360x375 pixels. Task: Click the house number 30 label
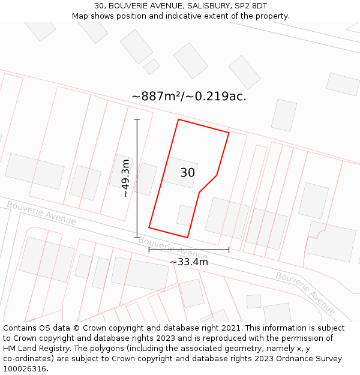coord(187,173)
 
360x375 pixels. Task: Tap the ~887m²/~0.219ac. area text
coord(188,96)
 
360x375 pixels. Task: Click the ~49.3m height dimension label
coord(125,178)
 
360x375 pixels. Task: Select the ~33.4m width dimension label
coord(188,262)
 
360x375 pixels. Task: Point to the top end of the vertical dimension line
coord(137,119)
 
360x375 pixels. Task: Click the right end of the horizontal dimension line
coord(229,249)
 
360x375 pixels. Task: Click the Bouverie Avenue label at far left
coord(41,213)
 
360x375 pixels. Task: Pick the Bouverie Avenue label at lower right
coord(305,293)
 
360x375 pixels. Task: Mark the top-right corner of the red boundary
coord(229,133)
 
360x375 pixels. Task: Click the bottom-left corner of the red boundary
coord(149,228)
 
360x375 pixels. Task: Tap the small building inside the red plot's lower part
coord(185,215)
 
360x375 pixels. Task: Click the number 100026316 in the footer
coord(25,368)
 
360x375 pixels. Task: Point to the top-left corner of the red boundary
coord(178,119)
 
